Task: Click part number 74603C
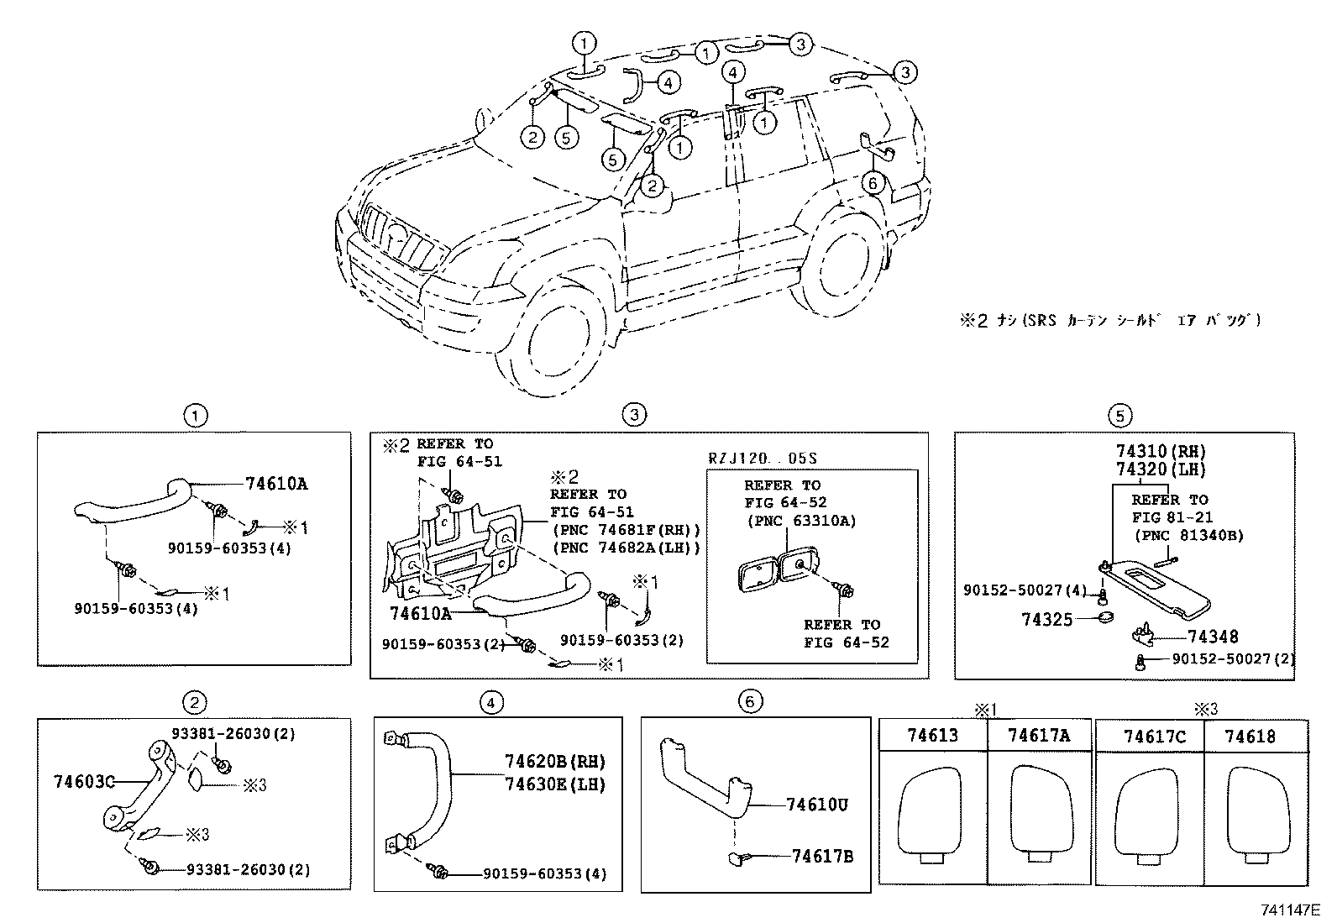pyautogui.click(x=84, y=782)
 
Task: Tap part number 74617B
pyautogui.click(x=822, y=856)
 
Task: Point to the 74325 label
pyautogui.click(x=1046, y=620)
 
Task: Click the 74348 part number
pyautogui.click(x=1213, y=637)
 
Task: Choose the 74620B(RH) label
pyautogui.click(x=554, y=762)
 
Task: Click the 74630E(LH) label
pyautogui.click(x=554, y=784)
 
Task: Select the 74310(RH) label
pyautogui.click(x=1161, y=452)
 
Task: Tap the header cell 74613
pyautogui.click(x=931, y=736)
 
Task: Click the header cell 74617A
pyautogui.click(x=1039, y=736)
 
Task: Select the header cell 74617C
pyautogui.click(x=1155, y=737)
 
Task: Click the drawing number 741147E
pyautogui.click(x=1289, y=910)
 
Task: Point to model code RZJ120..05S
pyautogui.click(x=763, y=459)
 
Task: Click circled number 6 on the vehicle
pyautogui.click(x=873, y=182)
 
